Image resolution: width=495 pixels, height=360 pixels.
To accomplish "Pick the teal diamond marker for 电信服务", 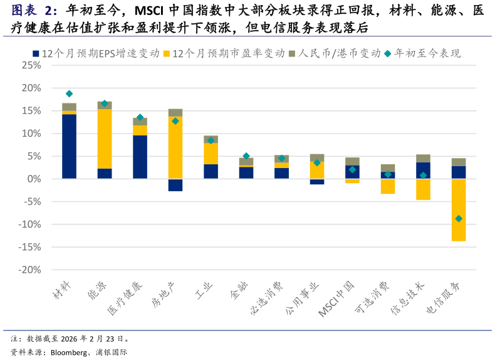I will click(x=459, y=218).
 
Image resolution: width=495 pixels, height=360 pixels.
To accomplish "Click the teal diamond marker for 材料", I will click(x=69, y=94).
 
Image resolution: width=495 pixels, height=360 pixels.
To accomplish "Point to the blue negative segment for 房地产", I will click(x=175, y=185).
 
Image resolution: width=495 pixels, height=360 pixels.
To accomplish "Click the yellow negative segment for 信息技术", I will click(x=423, y=189).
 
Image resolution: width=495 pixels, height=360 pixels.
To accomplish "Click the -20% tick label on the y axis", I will click(x=30, y=270).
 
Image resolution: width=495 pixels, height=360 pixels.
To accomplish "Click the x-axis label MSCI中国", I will click(x=337, y=299).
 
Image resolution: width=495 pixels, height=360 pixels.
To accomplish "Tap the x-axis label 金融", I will click(x=239, y=289).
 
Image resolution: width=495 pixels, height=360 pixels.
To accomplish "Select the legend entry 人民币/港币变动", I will click(x=339, y=54).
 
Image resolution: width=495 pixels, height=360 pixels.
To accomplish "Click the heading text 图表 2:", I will click(x=34, y=11).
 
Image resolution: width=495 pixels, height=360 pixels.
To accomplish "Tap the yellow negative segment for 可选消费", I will click(x=388, y=186).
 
